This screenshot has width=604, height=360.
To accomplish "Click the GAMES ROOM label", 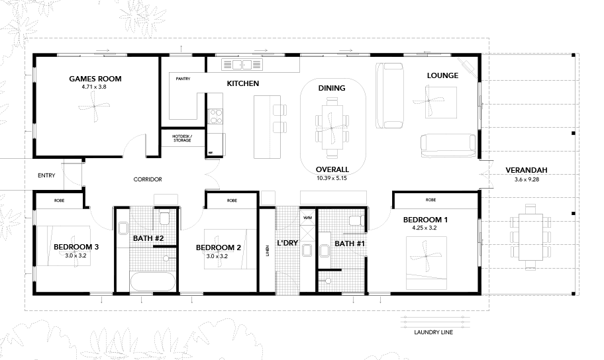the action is pyautogui.click(x=95, y=79).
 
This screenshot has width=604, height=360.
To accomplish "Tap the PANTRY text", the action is pyautogui.click(x=183, y=79).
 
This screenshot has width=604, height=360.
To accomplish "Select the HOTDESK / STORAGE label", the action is pyautogui.click(x=182, y=138).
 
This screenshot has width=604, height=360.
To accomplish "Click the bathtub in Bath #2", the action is pyautogui.click(x=153, y=281).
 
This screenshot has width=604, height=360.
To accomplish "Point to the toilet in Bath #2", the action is pyautogui.click(x=164, y=218).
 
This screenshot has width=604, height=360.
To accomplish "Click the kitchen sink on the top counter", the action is pyautogui.click(x=242, y=65).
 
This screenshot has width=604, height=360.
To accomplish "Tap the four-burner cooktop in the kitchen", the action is pyautogui.click(x=215, y=116).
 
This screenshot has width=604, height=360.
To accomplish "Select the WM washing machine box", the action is pyautogui.click(x=308, y=218).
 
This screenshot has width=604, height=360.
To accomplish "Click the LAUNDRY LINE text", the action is pyautogui.click(x=433, y=332).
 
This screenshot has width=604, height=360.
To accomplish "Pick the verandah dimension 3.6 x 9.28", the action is pyautogui.click(x=527, y=179).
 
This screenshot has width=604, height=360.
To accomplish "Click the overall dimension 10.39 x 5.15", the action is pyautogui.click(x=332, y=178).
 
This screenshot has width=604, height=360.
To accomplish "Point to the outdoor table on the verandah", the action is pyautogui.click(x=530, y=237).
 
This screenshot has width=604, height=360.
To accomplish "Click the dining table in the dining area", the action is pyautogui.click(x=332, y=128).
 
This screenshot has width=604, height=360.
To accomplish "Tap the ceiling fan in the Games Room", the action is pyautogui.click(x=94, y=107).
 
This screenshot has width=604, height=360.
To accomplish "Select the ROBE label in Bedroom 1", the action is pyautogui.click(x=430, y=200).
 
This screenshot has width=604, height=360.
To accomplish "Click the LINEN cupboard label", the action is pyautogui.click(x=267, y=251).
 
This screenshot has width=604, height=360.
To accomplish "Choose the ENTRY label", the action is pyautogui.click(x=46, y=175).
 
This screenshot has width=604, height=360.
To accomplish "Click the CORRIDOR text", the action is pyautogui.click(x=148, y=179).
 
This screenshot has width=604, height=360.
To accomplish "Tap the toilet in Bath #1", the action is pyautogui.click(x=356, y=220).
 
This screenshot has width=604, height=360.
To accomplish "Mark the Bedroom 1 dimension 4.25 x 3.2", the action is pyautogui.click(x=425, y=228).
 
